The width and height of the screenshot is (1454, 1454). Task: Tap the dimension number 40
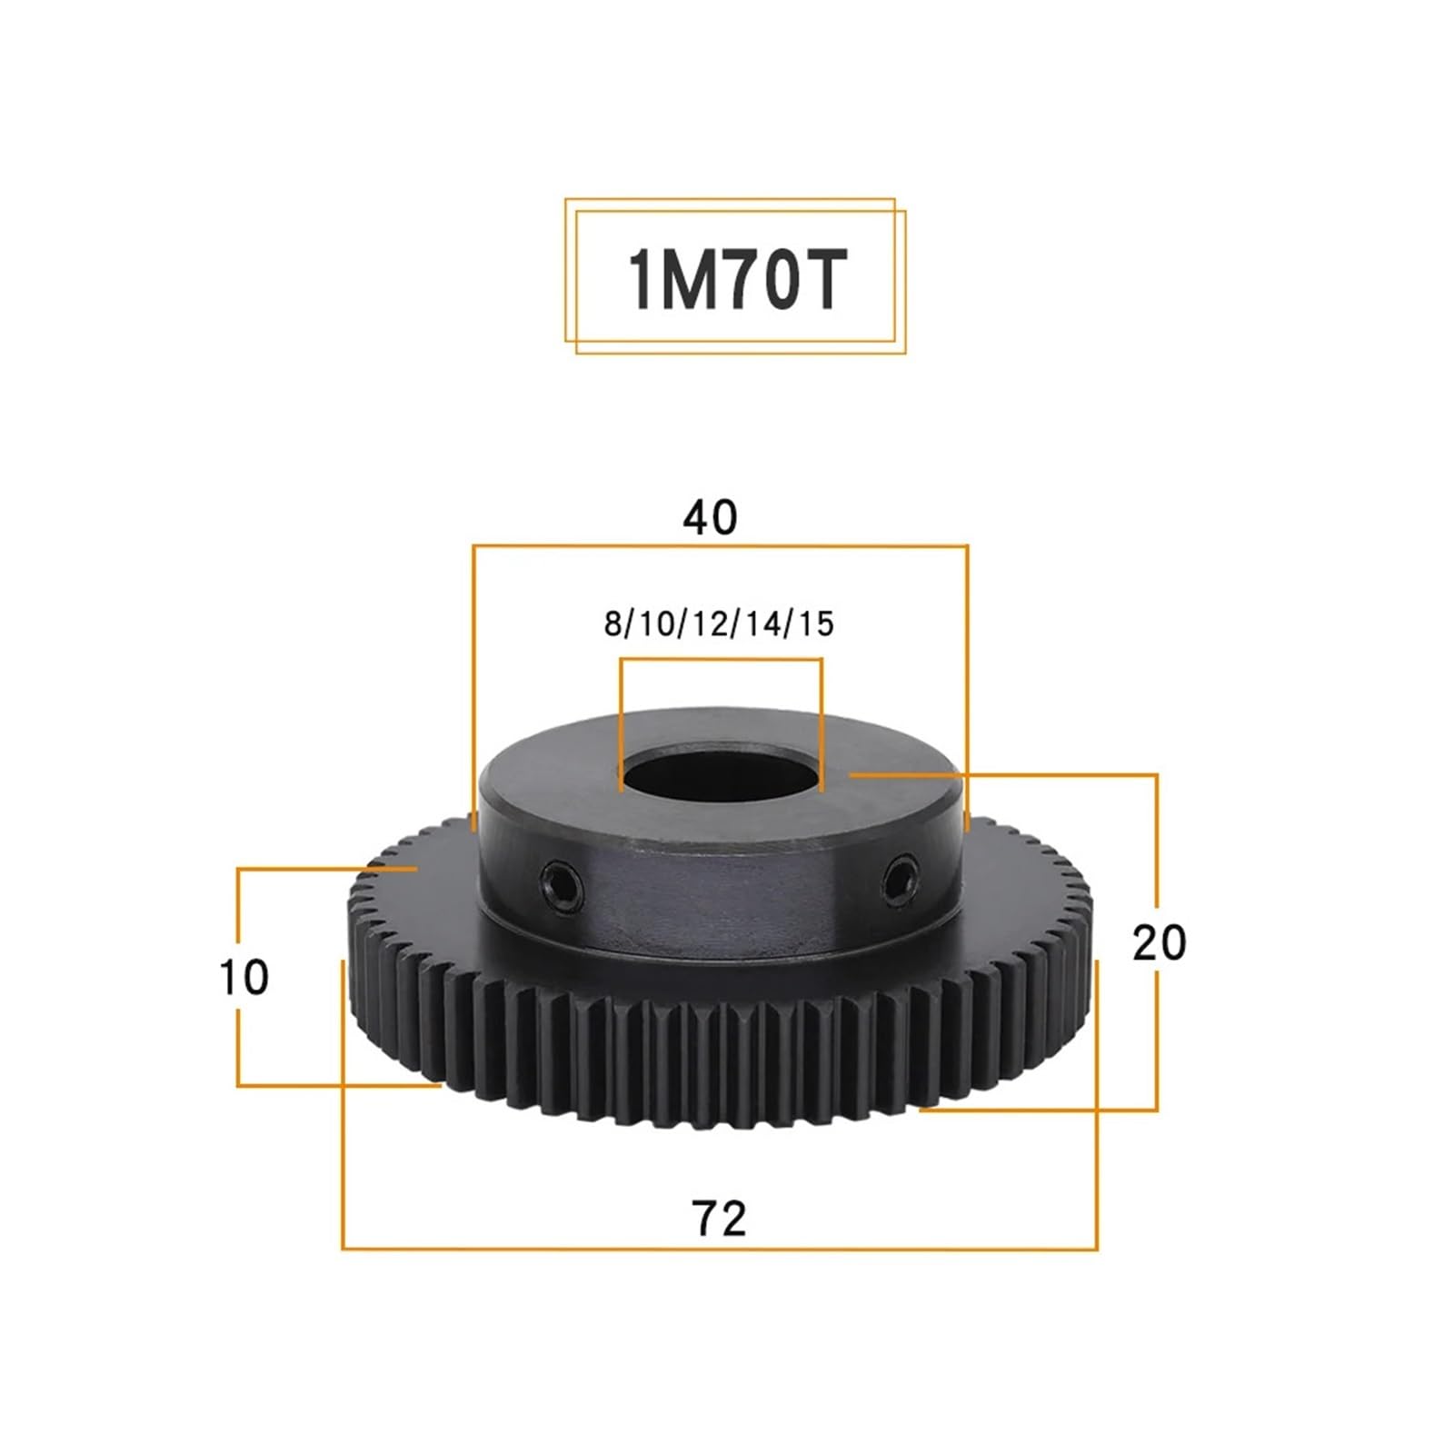(x=710, y=517)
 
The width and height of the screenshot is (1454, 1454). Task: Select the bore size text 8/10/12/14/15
(x=718, y=624)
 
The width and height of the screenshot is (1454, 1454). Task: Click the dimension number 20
(x=1159, y=943)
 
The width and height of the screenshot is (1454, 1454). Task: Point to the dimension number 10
(x=244, y=978)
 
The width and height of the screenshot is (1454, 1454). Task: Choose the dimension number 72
(x=719, y=1219)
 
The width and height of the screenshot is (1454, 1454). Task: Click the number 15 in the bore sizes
(x=815, y=624)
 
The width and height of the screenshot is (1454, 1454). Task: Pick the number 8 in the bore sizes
(x=613, y=624)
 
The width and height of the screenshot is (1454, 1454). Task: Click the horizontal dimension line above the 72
(x=719, y=1249)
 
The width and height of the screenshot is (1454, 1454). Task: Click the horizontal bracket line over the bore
(x=721, y=660)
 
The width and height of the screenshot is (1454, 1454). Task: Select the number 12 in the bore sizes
(x=709, y=624)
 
